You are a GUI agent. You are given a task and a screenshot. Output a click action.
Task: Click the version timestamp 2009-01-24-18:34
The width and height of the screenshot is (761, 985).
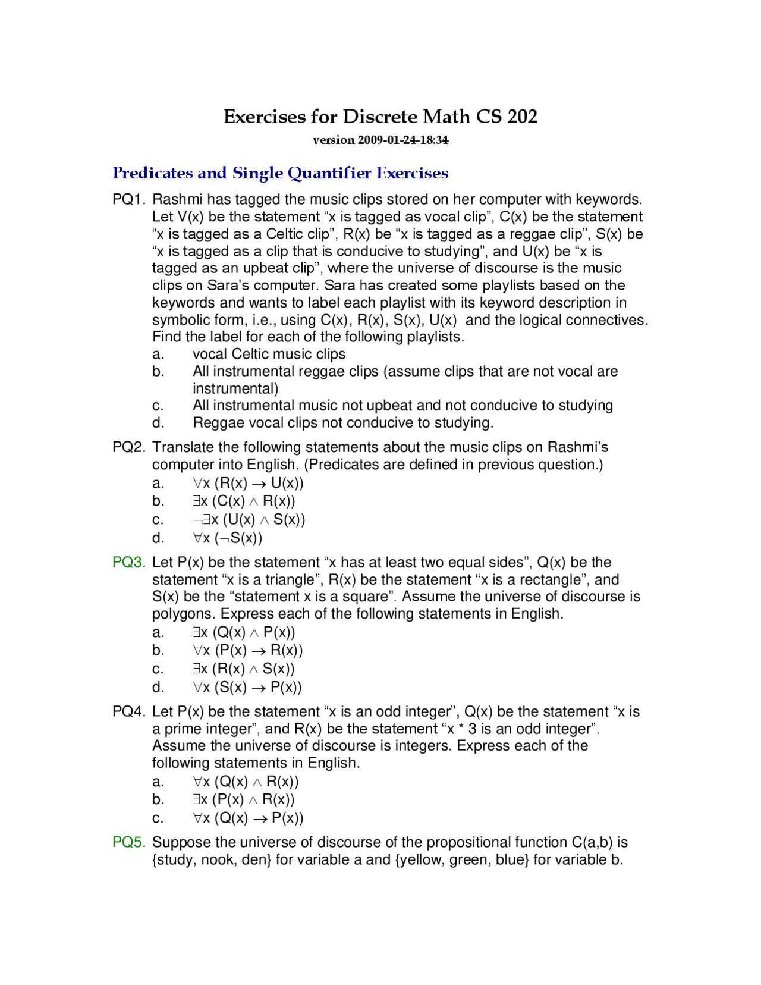[x=402, y=140]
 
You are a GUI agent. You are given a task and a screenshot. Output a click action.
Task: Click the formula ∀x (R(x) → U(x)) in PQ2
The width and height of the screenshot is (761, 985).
[x=248, y=484]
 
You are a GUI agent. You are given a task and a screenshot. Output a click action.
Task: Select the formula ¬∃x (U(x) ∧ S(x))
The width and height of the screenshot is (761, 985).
[x=249, y=520]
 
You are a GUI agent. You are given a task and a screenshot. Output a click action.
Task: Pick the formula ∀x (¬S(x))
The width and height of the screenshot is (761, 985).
[x=227, y=538]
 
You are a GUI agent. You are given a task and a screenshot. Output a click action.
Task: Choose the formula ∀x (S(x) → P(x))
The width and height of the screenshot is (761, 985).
[x=247, y=688]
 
